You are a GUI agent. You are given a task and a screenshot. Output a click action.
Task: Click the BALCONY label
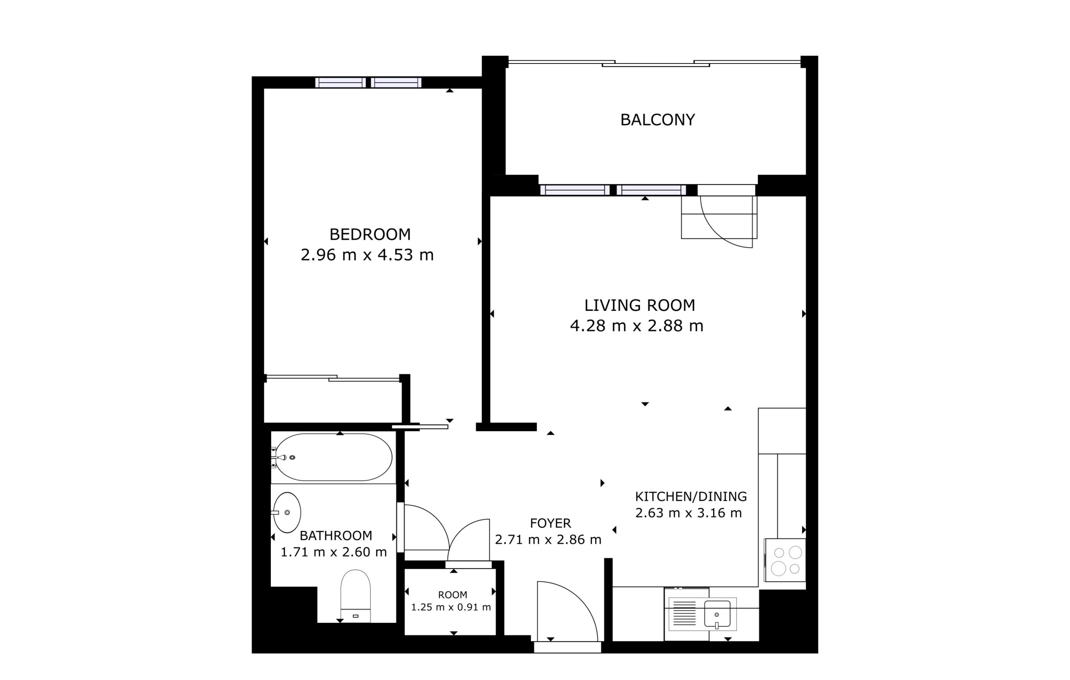(657, 120)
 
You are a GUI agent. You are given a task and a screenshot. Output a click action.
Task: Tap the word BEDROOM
(370, 234)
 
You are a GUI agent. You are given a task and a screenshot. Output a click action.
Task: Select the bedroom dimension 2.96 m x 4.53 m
(367, 255)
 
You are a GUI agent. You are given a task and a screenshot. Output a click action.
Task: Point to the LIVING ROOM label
(639, 305)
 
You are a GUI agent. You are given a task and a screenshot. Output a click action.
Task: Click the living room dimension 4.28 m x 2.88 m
(637, 326)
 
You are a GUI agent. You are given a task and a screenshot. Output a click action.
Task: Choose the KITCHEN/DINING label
(691, 497)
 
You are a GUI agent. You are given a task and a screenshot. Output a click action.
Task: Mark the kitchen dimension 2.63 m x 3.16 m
(688, 513)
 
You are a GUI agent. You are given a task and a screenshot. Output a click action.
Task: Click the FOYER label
(550, 523)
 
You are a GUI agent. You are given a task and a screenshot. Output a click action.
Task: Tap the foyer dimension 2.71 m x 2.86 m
(548, 540)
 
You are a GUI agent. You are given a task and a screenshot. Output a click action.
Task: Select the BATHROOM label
(336, 535)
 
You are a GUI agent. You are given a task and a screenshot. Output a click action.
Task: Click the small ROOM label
(452, 595)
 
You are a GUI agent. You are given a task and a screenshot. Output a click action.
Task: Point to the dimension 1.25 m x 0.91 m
(451, 607)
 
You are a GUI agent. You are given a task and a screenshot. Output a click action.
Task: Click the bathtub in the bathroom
(334, 457)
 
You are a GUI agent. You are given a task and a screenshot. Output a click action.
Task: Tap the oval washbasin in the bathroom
(287, 513)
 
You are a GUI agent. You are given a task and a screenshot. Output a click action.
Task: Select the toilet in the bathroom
(355, 596)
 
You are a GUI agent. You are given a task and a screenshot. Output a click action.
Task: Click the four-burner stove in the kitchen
(785, 560)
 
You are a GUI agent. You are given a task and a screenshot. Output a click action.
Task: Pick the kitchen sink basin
(717, 614)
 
